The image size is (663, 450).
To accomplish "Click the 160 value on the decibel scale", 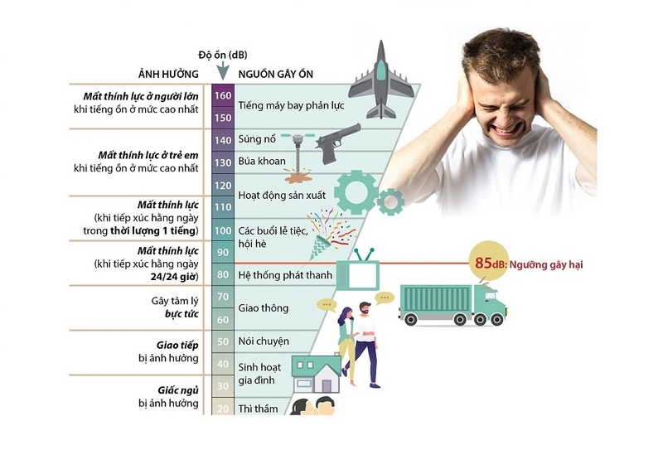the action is point(223,95).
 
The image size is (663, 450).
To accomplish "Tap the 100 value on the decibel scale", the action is point(223,230).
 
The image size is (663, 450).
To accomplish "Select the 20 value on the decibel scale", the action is point(223,409).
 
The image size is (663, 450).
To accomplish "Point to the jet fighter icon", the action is point(381,80).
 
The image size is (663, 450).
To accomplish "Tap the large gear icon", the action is point(356,192).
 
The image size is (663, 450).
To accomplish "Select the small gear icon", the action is point(390,202).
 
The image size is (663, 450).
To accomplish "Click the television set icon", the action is point(358,270).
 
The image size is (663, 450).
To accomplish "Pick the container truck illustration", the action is point(452,304).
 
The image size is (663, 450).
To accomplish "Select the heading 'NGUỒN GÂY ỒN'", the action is point(276,75).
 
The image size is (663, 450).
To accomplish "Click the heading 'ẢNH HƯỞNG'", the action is point(168,75).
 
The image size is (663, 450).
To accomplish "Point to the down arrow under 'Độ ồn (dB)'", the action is point(222,71).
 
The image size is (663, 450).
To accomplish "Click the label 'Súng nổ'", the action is point(257,138).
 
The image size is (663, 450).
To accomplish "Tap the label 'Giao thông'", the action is point(264,308).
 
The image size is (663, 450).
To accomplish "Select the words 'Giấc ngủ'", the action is point(178,390).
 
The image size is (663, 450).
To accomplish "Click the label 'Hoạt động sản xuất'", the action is point(282,196).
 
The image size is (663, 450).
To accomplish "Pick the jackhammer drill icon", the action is point(298,158).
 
